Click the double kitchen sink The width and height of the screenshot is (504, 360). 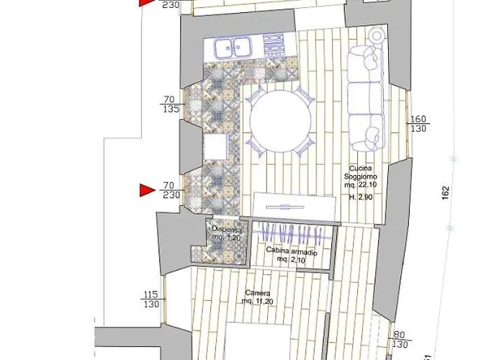[x=231, y=48]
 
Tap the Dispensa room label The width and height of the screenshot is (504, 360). [x=225, y=230]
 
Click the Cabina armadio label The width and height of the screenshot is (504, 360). [x=288, y=250]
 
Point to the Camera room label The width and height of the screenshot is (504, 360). [x=257, y=293]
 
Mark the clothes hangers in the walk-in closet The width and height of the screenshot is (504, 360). [x=294, y=234]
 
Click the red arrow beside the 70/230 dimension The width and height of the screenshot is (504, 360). [x=147, y=190]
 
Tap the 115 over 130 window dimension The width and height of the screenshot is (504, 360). [x=151, y=300]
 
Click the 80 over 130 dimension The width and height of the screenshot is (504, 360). [x=400, y=338]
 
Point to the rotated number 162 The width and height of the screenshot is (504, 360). [x=446, y=192]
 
